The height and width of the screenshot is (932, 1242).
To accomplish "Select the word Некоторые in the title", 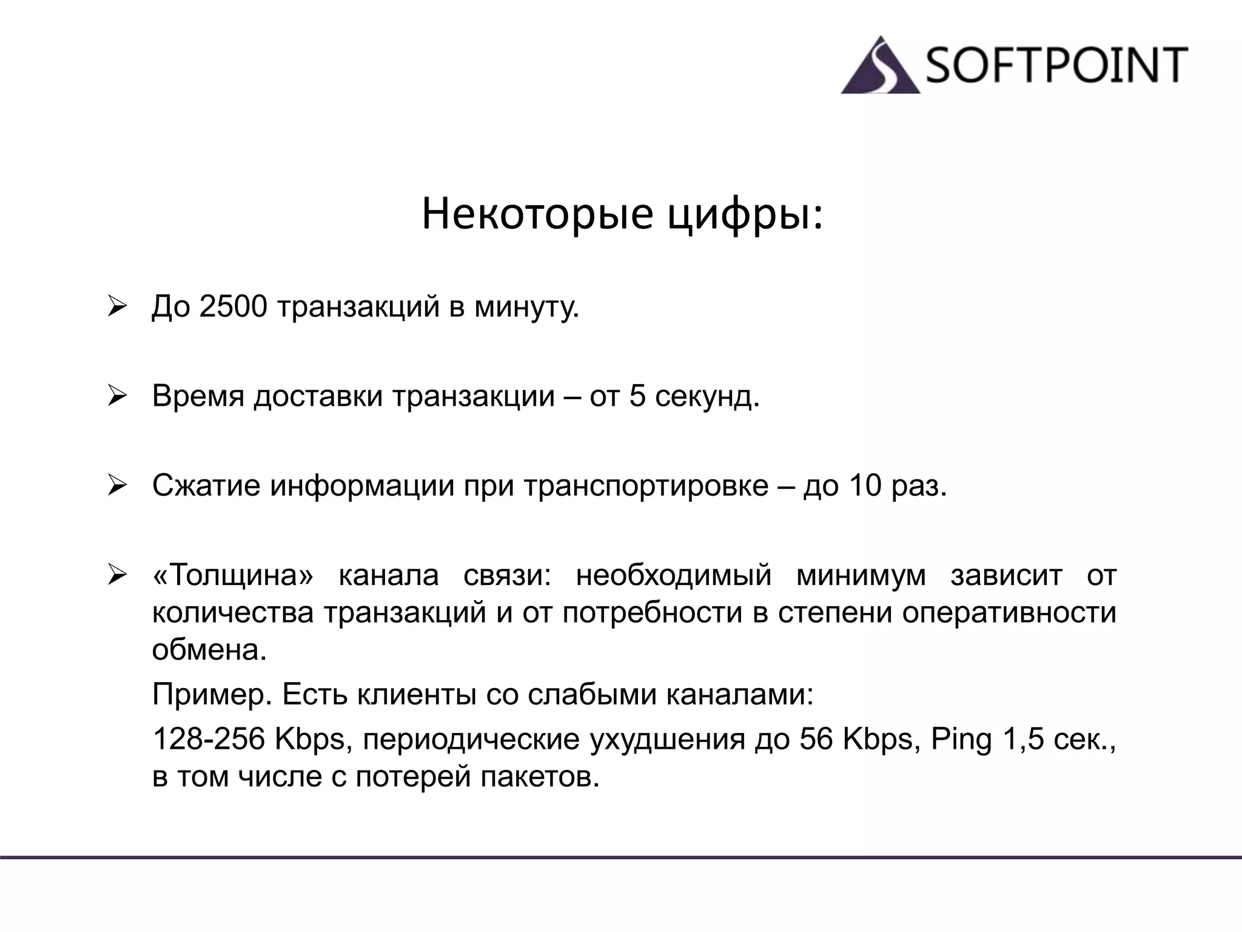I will (x=537, y=214).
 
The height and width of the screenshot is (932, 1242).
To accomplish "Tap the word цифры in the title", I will (x=745, y=214).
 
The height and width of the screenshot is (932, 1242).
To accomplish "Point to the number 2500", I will (x=233, y=306).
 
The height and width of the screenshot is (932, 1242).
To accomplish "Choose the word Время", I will (x=198, y=396).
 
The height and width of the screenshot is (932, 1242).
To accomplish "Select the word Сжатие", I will (x=206, y=485).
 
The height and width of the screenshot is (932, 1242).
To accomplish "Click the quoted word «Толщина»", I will (x=233, y=575).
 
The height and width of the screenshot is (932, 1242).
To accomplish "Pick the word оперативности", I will (x=1009, y=612).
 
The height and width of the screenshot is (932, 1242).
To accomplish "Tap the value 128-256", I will (x=209, y=739).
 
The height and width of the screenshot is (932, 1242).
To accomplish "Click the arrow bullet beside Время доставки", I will (x=116, y=397).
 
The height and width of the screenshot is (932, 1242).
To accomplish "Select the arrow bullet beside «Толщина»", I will (x=116, y=575).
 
